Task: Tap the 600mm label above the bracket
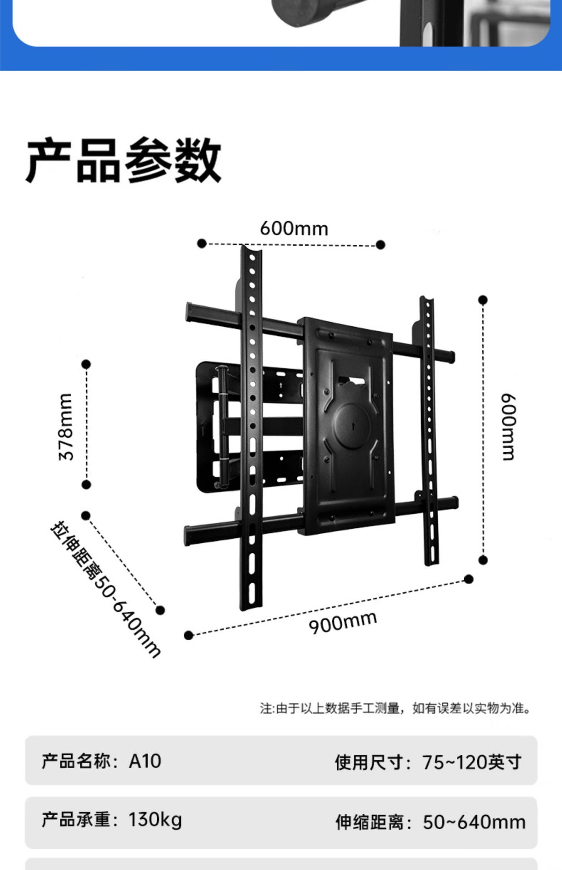(x=294, y=228)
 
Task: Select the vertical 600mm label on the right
(x=509, y=426)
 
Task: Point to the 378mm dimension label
(x=66, y=426)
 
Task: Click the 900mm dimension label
(x=343, y=622)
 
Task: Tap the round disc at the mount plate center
(x=351, y=426)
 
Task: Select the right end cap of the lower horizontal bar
(x=454, y=503)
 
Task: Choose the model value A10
(x=145, y=761)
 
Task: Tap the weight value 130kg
(x=155, y=820)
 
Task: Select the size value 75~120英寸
(x=471, y=762)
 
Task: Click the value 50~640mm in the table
(x=474, y=822)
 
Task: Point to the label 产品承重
(x=76, y=820)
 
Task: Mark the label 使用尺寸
(x=369, y=762)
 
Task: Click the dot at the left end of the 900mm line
(x=189, y=635)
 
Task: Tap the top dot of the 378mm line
(x=86, y=364)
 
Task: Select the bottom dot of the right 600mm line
(x=483, y=560)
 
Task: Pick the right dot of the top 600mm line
(x=381, y=245)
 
